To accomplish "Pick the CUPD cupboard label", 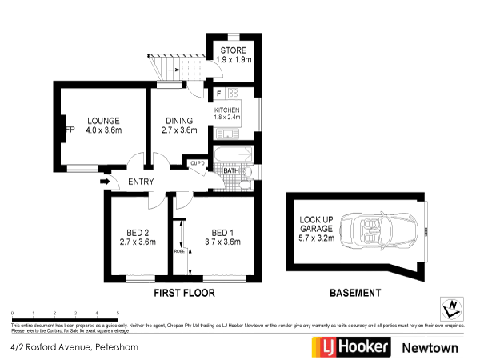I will tap(198, 163).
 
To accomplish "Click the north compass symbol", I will tap(454, 307).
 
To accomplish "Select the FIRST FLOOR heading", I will tap(185, 294).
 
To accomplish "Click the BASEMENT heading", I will tap(355, 294).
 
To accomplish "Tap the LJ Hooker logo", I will tap(350, 347).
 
